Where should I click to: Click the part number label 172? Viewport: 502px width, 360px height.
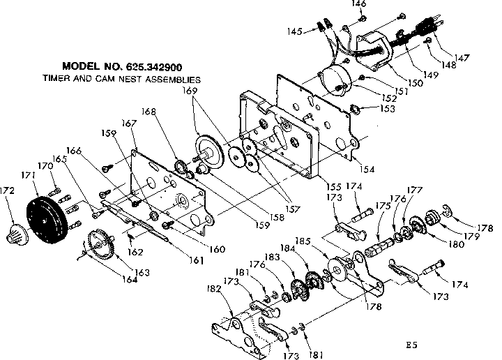pyautogui.click(x=10, y=189)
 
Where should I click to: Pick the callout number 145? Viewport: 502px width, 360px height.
pyautogui.click(x=296, y=31)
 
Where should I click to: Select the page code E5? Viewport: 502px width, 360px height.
pyautogui.click(x=413, y=345)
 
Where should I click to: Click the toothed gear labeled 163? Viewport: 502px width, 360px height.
pyautogui.click(x=103, y=246)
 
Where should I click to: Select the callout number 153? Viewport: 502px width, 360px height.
pyautogui.click(x=388, y=109)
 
